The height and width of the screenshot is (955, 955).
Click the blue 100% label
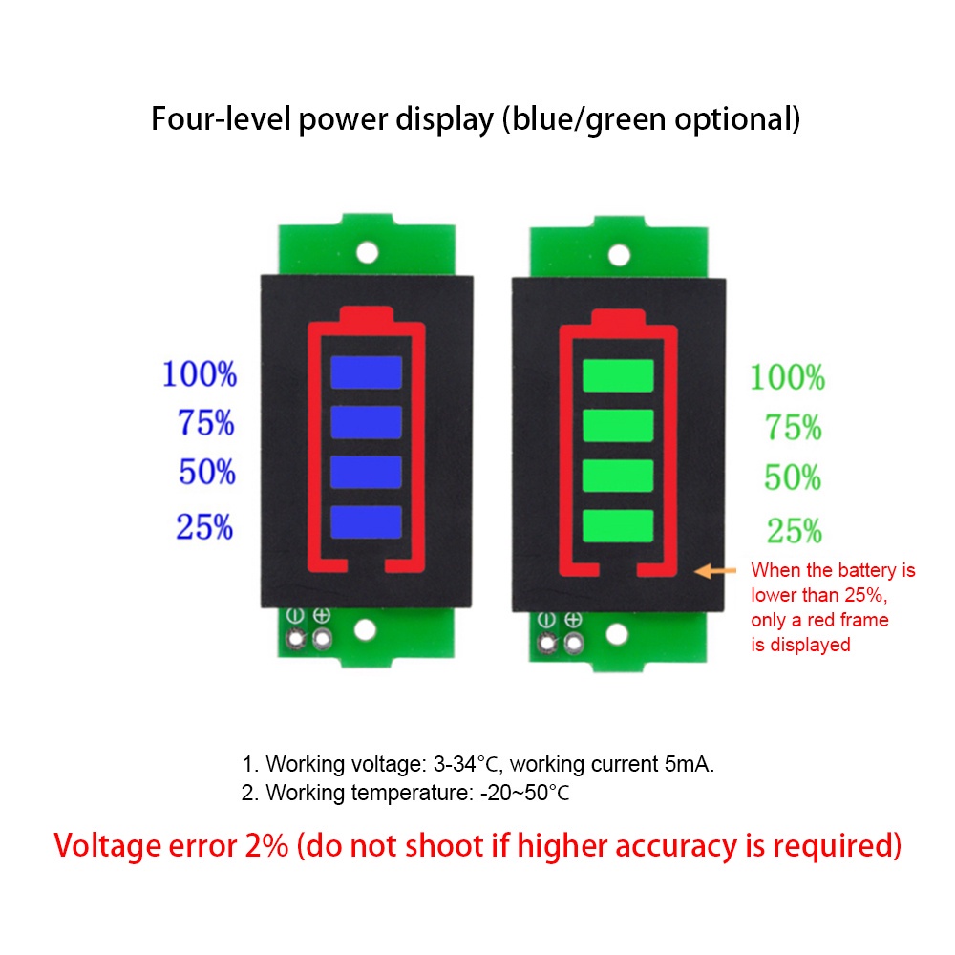tap(200, 374)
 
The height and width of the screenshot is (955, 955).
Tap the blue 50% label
tap(206, 472)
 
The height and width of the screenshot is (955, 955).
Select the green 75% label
tap(793, 429)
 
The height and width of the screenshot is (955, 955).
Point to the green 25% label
tap(794, 530)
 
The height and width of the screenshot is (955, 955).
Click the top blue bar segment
tap(366, 371)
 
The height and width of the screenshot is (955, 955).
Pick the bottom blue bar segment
tap(366, 521)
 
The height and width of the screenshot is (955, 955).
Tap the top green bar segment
tap(618, 374)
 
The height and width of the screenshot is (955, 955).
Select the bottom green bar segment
tap(618, 524)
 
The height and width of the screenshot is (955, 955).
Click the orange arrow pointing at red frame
tap(715, 571)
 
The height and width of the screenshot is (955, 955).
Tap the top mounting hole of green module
tap(619, 254)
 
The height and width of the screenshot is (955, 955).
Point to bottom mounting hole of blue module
tap(366, 629)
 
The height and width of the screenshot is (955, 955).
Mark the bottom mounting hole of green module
tap(618, 633)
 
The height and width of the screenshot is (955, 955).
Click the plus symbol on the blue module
tap(322, 617)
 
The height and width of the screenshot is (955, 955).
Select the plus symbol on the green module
tap(573, 620)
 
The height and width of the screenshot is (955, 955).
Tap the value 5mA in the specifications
tap(689, 764)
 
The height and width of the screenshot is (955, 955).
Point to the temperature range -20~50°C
tap(524, 793)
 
